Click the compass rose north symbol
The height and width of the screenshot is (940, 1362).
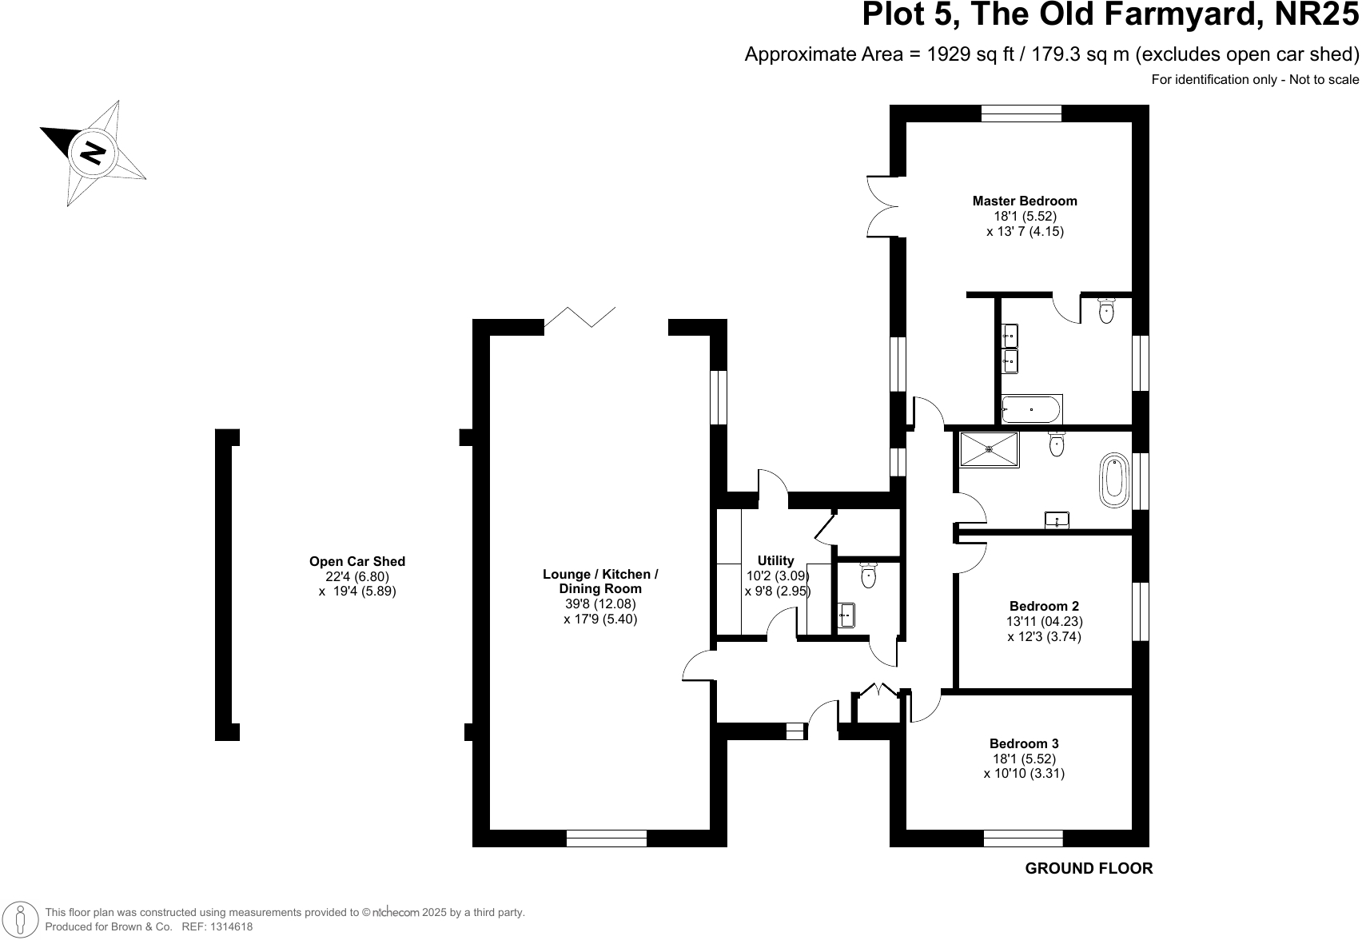[x=93, y=152]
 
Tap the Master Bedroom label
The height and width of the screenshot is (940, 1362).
[x=1025, y=201]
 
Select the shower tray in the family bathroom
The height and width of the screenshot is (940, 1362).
[x=989, y=450]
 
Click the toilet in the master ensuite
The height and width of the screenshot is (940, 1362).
[x=1107, y=310]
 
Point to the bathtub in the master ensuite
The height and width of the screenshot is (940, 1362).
[x=1031, y=410]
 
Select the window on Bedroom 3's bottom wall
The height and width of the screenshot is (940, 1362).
[x=1023, y=838]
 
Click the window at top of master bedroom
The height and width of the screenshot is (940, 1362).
[x=1021, y=114]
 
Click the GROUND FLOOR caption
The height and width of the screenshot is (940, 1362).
[x=1089, y=869]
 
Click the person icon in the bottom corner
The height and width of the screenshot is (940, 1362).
[x=22, y=919]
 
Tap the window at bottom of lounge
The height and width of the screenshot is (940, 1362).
[x=606, y=838]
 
